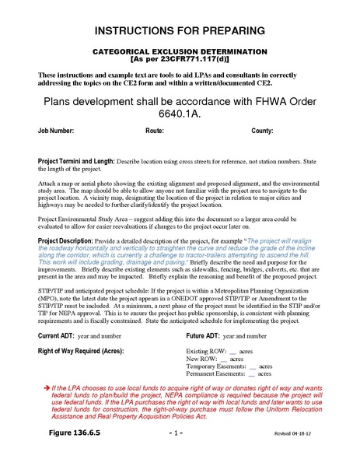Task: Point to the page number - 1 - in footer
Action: (179, 453)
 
